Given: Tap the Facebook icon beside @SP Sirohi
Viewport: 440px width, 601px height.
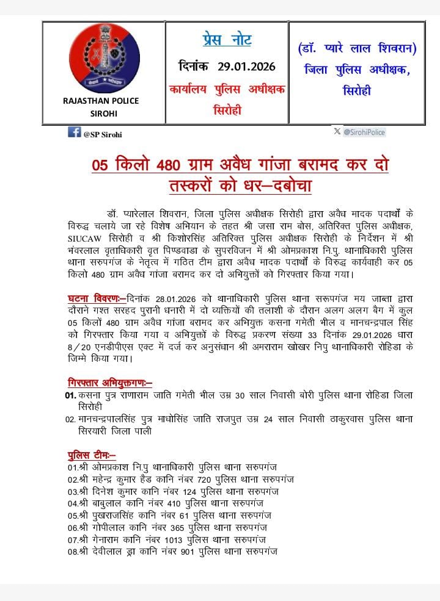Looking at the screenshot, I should [x=74, y=132].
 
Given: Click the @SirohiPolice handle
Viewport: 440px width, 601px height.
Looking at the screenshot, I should [x=364, y=132].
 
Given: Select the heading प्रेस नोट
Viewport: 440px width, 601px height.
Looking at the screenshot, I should [x=227, y=40].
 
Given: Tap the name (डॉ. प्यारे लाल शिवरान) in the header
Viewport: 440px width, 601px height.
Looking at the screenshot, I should [x=357, y=48].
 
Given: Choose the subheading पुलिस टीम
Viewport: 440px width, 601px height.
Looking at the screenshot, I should [x=91, y=455].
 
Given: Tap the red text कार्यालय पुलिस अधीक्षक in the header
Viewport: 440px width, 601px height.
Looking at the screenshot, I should [x=227, y=89].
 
